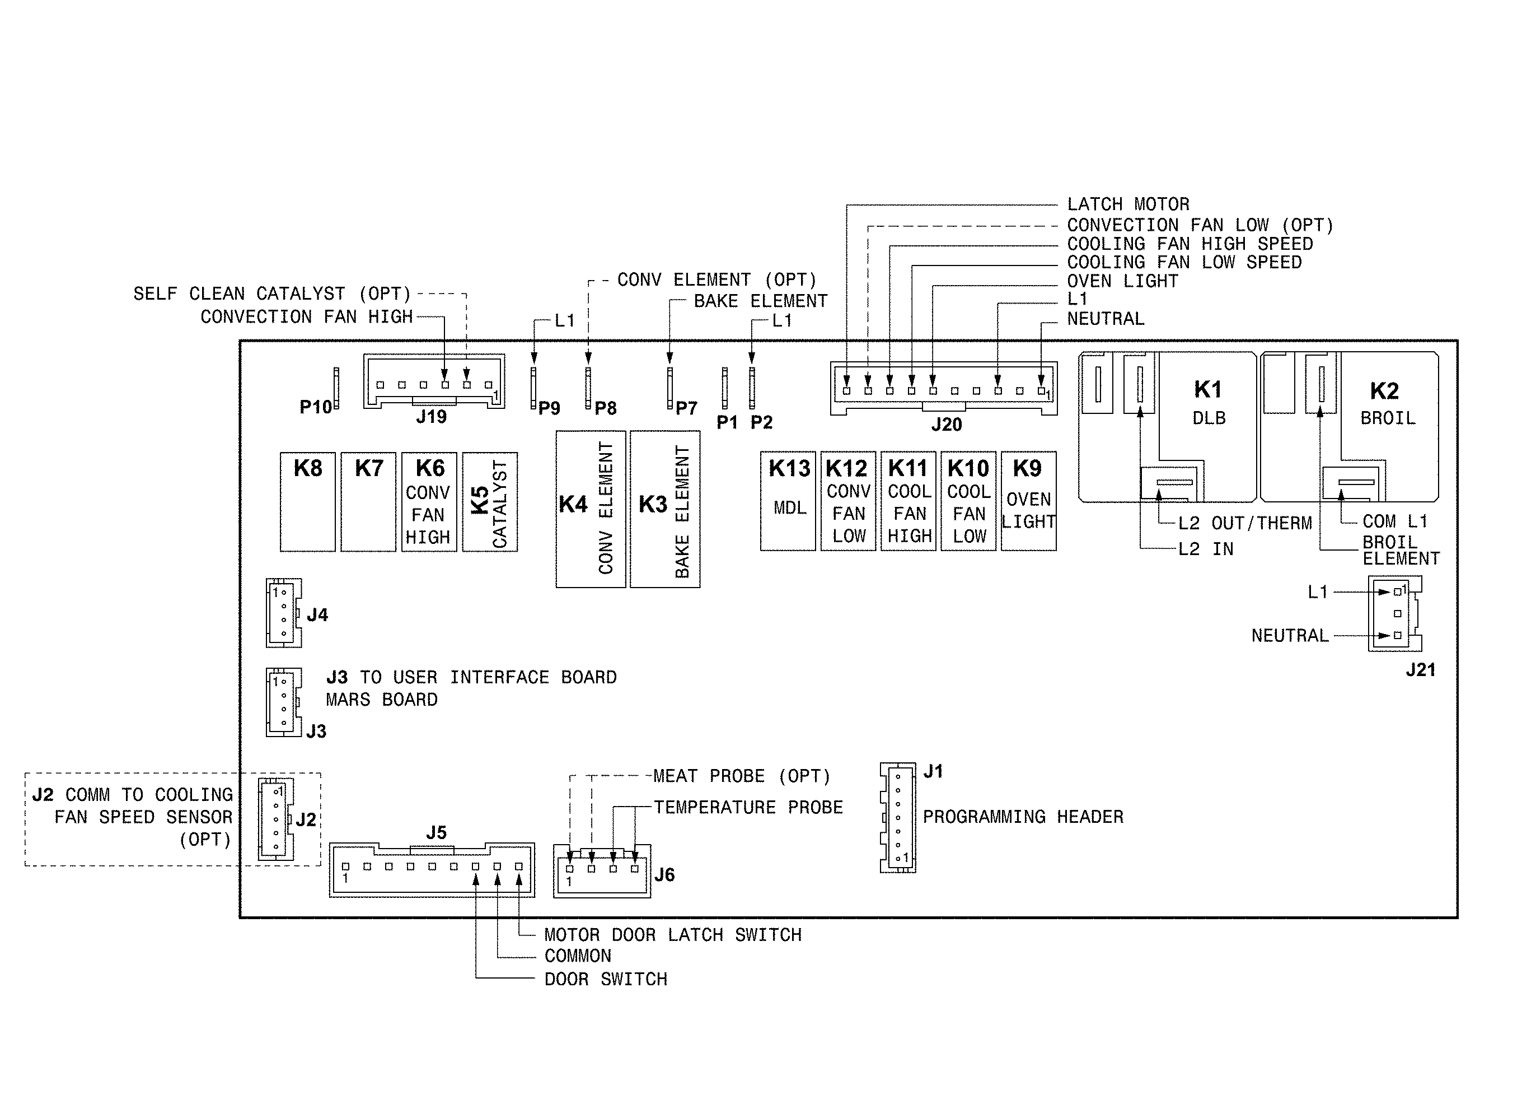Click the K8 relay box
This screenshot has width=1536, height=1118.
(307, 502)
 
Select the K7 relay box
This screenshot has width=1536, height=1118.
(368, 502)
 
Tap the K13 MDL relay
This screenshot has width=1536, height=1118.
(788, 501)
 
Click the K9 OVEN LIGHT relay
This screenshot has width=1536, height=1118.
(1028, 501)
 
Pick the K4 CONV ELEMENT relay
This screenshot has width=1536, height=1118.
(591, 509)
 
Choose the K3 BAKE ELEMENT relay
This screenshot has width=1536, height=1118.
(665, 509)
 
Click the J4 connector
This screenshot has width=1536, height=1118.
(283, 613)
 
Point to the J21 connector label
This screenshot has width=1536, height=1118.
(1420, 670)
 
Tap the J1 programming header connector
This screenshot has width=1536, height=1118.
(898, 818)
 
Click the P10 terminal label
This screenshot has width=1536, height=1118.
(316, 407)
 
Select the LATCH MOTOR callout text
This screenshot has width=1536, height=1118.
(1127, 204)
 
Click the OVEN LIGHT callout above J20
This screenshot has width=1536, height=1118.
(1122, 281)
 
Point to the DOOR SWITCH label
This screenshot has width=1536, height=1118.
(606, 980)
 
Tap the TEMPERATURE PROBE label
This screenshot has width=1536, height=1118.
(748, 808)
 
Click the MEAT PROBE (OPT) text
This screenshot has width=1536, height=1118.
(741, 776)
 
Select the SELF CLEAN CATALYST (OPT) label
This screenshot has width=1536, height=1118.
(272, 294)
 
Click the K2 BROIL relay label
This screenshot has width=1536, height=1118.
(1387, 403)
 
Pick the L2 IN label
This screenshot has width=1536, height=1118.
(1206, 549)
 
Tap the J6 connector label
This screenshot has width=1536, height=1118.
(664, 875)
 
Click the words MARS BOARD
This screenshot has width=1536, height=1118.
(381, 700)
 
